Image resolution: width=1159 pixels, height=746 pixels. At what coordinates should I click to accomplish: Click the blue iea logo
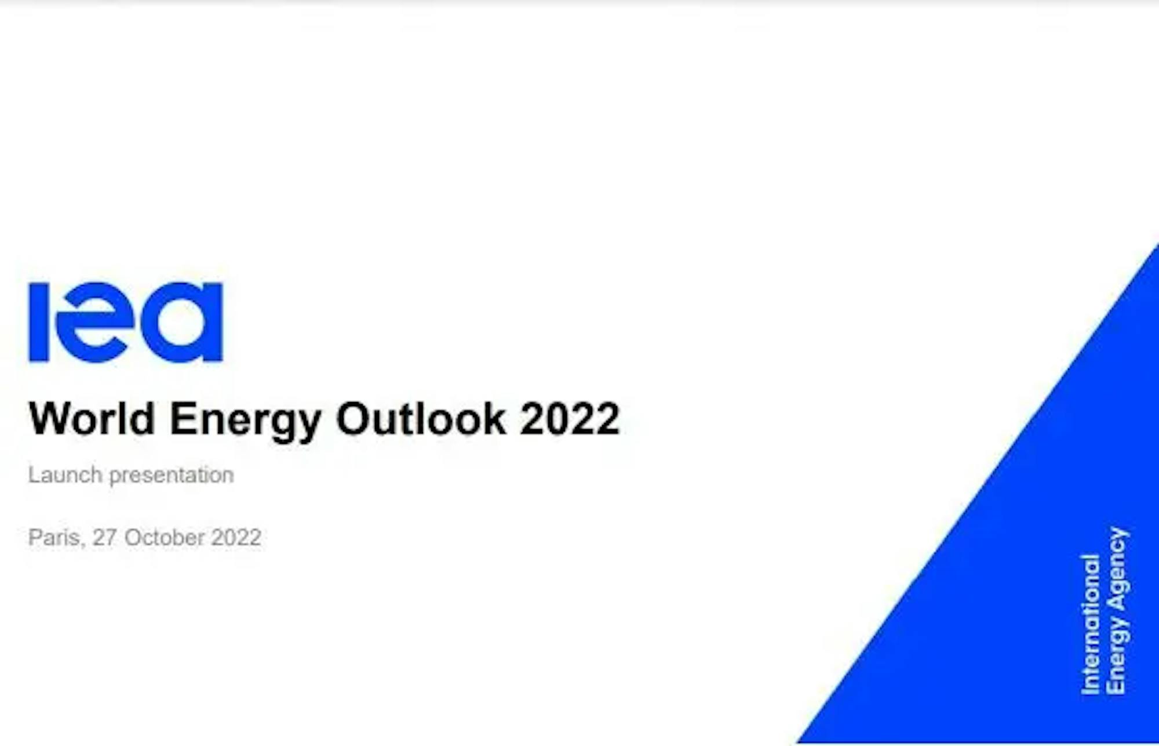(126, 323)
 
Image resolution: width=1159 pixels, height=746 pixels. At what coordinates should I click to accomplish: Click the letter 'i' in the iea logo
(38, 323)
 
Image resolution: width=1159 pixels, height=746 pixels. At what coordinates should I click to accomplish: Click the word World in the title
(92, 418)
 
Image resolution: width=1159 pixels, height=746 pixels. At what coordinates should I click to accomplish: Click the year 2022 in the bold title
(570, 418)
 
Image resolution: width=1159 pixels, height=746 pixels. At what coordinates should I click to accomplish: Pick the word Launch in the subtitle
(65, 475)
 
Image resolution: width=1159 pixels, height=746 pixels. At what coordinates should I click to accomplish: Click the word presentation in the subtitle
(172, 476)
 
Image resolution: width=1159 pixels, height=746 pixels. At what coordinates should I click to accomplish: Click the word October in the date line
(164, 537)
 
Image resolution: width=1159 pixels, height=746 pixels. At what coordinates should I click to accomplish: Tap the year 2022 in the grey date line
(236, 537)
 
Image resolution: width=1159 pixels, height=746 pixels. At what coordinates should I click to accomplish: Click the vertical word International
(1090, 624)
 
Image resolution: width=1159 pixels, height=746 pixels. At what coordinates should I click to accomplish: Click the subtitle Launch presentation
(132, 476)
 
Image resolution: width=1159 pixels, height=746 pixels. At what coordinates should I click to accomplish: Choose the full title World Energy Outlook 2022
(325, 421)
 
